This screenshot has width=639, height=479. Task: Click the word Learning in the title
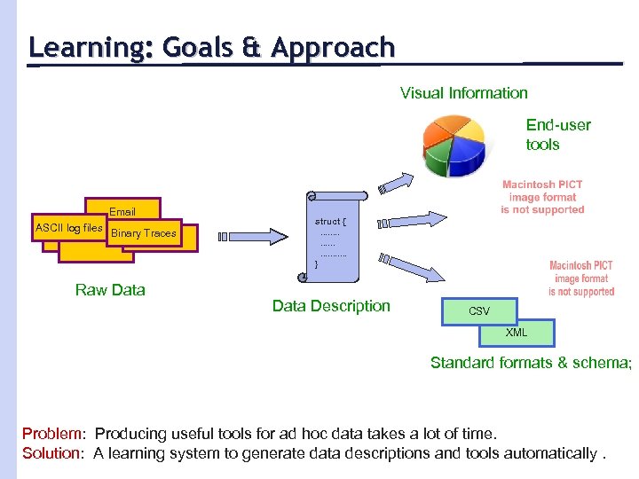point(86,47)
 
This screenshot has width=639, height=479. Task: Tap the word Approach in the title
point(333,47)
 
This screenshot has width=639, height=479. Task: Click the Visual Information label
point(463,93)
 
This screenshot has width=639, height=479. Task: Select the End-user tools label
point(557,134)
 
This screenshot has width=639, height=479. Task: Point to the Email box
point(122,211)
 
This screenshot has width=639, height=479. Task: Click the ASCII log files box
point(68,229)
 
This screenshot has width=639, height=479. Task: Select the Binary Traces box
point(144,233)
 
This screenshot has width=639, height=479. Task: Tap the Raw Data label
point(110,290)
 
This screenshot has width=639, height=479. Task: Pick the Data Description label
point(331,306)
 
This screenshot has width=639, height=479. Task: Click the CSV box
point(478,311)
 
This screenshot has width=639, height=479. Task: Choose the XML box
point(516,333)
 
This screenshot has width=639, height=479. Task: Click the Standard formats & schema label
point(530,362)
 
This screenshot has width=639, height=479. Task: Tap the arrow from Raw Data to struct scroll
point(257,237)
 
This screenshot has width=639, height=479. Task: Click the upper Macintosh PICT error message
point(542,198)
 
